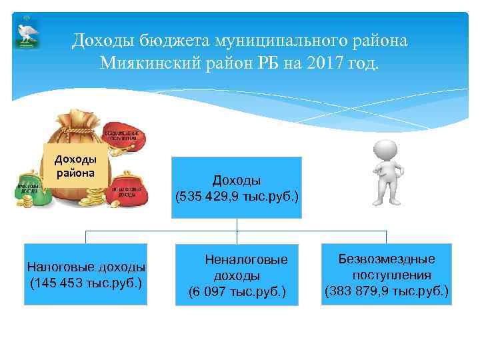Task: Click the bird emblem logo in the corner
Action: pyautogui.click(x=27, y=33)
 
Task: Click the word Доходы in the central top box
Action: pyautogui.click(x=237, y=181)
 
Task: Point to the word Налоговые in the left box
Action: pyautogui.click(x=58, y=267)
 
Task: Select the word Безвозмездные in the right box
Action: pyautogui.click(x=387, y=258)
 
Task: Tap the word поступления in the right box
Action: pyautogui.click(x=391, y=275)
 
